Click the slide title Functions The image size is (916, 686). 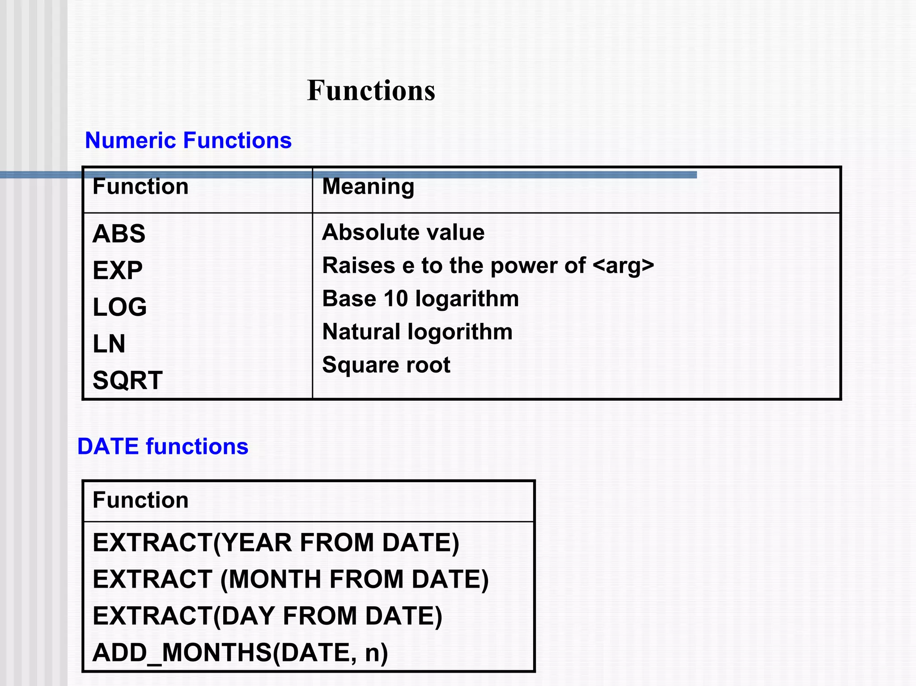click(x=371, y=91)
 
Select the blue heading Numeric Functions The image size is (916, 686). click(x=188, y=140)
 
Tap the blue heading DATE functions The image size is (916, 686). click(x=163, y=446)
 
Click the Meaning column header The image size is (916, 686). click(x=368, y=186)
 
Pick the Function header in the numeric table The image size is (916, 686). click(x=140, y=186)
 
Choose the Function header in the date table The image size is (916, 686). click(x=140, y=500)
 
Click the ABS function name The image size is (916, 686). click(x=119, y=233)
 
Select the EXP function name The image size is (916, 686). click(x=118, y=270)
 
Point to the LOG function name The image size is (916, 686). click(x=119, y=307)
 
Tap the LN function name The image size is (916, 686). click(x=109, y=343)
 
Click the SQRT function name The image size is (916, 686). click(x=127, y=380)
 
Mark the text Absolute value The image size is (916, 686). click(x=403, y=233)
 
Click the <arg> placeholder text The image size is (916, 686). click(x=623, y=266)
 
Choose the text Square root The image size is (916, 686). click(x=386, y=365)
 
